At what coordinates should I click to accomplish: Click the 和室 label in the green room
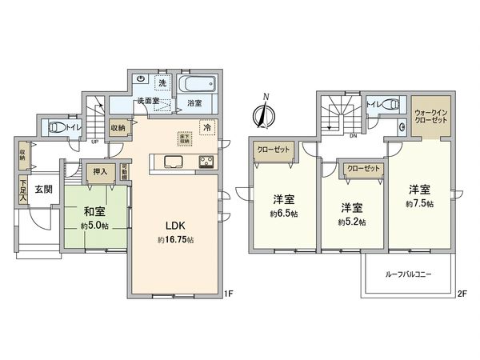pos(94,212)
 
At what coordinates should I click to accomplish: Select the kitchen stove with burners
pos(204,163)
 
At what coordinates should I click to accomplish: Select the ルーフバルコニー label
pos(410,274)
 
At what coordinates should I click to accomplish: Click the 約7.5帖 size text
pos(419,205)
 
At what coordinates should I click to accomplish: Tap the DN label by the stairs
pos(353,135)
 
